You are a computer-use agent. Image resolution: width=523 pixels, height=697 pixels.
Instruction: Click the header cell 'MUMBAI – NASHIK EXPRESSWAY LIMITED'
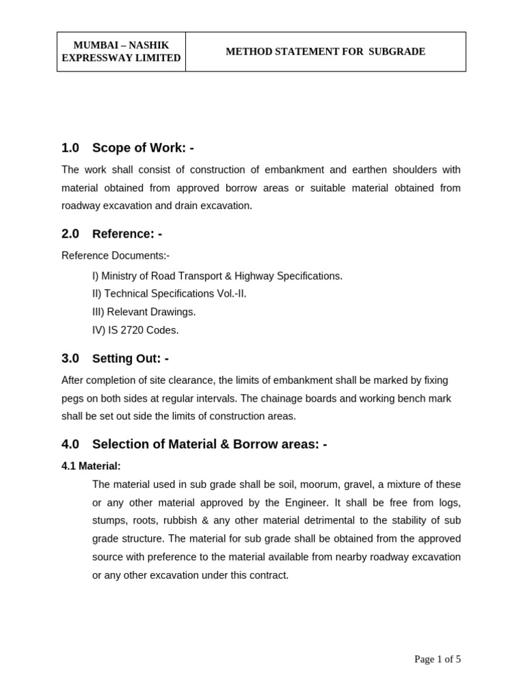point(121,52)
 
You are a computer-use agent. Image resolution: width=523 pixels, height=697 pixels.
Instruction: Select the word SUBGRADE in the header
point(397,52)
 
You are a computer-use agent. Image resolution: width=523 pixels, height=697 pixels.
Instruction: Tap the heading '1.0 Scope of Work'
point(127,148)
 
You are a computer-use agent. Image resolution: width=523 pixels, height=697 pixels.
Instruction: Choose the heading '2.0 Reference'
point(112,233)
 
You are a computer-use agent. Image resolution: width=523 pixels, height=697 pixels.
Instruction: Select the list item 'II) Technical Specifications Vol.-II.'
point(170,293)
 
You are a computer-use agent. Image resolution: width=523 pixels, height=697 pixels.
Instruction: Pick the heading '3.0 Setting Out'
point(115,358)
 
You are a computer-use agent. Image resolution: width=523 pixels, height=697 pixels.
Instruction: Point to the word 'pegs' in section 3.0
point(73,398)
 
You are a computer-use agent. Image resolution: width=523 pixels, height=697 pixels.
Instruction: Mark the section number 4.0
point(70,444)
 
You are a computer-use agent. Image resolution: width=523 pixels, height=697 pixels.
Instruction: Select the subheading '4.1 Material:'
point(91,466)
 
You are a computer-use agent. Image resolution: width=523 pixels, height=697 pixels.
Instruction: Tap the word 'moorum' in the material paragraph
point(285,485)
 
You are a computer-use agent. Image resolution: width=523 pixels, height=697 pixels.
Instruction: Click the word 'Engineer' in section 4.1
point(298,502)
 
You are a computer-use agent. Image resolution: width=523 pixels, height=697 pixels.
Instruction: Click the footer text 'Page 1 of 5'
point(437,659)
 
